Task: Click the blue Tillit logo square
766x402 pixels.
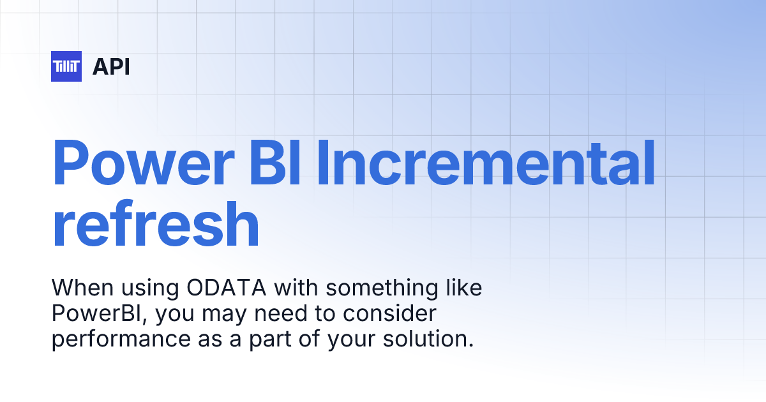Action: [66, 66]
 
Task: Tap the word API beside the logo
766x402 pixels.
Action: [111, 66]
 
